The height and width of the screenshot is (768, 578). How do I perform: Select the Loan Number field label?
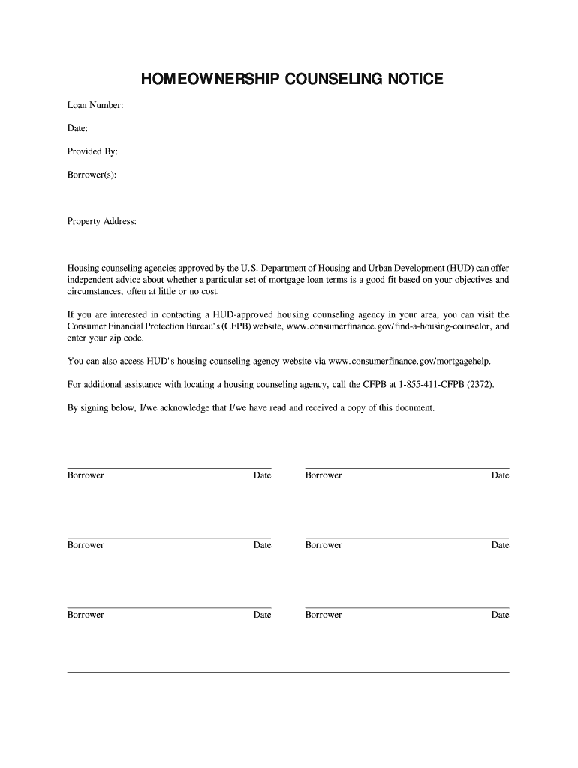(95, 106)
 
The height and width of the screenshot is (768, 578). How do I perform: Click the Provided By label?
(92, 151)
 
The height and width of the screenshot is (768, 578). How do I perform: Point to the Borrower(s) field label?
(92, 175)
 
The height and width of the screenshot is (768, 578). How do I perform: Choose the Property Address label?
(102, 221)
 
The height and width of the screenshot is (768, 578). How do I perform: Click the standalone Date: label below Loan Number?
(78, 129)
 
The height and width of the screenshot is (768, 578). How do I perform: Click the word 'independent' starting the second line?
(91, 280)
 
